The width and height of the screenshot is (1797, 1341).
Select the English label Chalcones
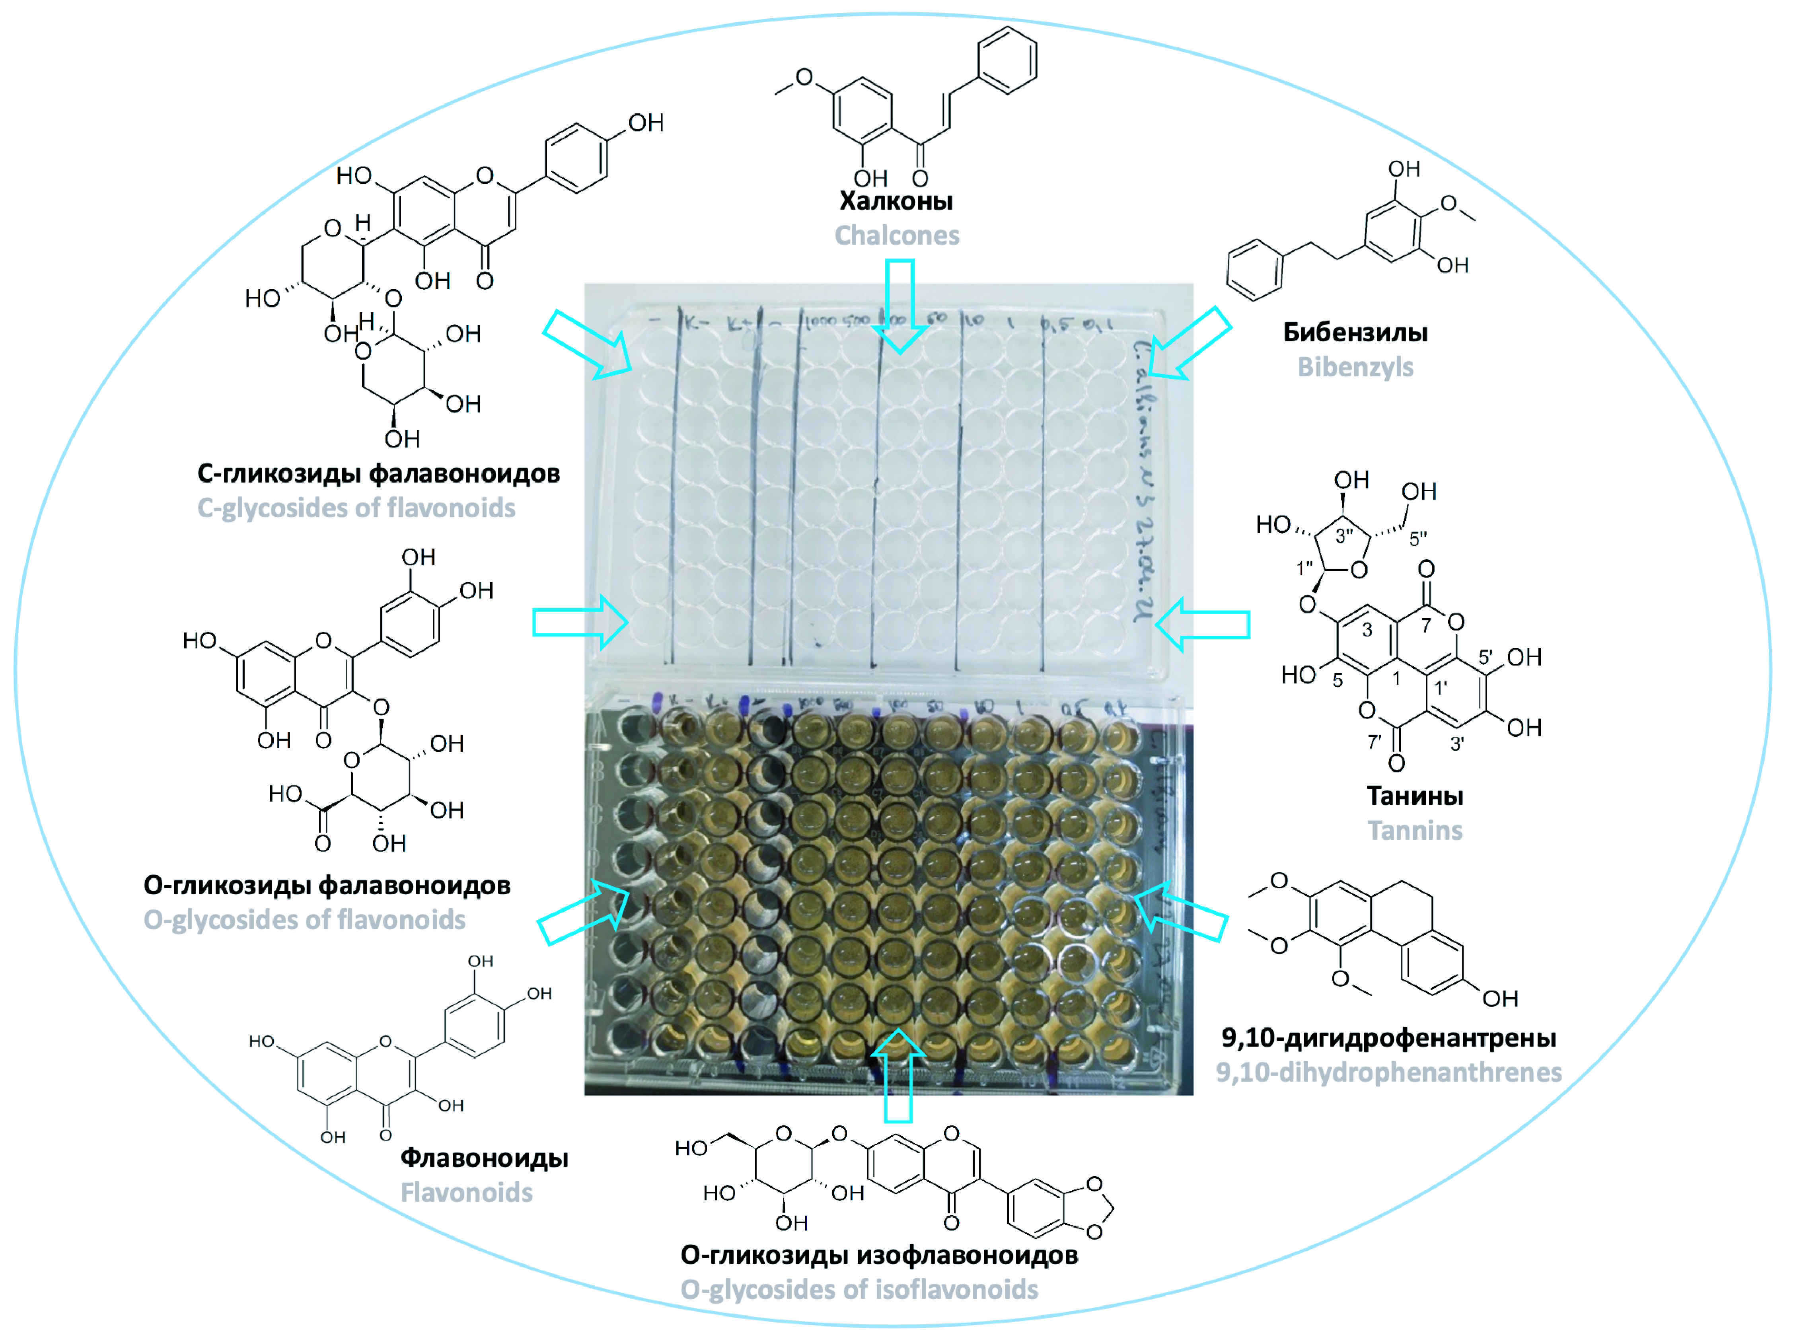click(x=897, y=236)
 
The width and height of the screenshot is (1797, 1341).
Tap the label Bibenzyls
click(x=1355, y=367)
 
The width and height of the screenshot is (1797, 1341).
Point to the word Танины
click(x=1415, y=796)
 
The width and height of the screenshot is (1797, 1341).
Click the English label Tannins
click(x=1415, y=830)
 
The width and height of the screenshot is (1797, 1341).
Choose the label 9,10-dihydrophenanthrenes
click(x=1388, y=1072)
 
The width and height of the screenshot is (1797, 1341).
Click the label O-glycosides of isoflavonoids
click(x=859, y=1289)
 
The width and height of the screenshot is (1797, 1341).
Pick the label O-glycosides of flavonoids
click(x=304, y=920)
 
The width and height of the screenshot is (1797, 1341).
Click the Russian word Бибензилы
click(x=1355, y=332)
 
